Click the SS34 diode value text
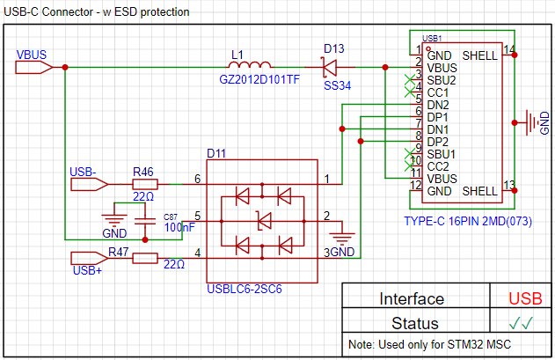coord(338,87)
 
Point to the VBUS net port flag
coord(35,67)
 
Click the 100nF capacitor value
coord(179,227)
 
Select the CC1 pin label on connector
coord(439,92)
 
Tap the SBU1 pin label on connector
coord(442,153)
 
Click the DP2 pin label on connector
coord(438,141)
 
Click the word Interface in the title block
coord(412,298)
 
